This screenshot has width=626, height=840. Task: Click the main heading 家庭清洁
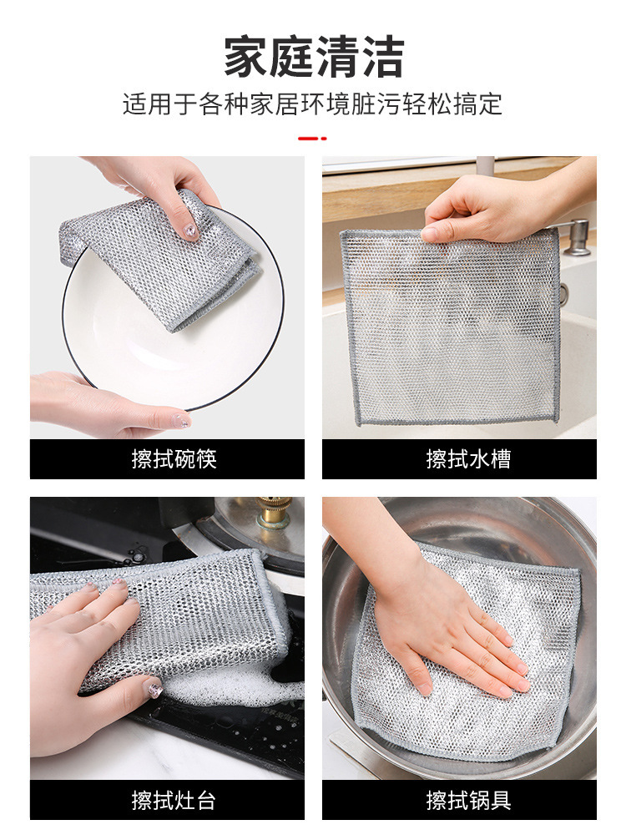tap(313, 57)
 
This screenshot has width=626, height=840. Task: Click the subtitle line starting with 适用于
tap(313, 104)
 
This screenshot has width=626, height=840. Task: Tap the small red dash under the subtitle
tap(312, 139)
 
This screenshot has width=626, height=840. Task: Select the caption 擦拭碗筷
tap(174, 459)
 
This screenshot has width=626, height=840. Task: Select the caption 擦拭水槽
tap(468, 459)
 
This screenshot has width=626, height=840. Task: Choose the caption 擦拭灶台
tap(174, 801)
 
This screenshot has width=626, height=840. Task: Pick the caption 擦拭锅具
tap(468, 801)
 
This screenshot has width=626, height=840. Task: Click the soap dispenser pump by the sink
tap(577, 235)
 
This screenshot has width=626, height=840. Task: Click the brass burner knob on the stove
tap(274, 512)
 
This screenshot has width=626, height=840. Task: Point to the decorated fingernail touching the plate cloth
tap(190, 231)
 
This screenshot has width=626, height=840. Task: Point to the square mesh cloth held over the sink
tap(451, 326)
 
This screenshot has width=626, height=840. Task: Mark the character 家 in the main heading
tap(245, 57)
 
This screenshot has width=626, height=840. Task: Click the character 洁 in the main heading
tap(382, 57)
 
